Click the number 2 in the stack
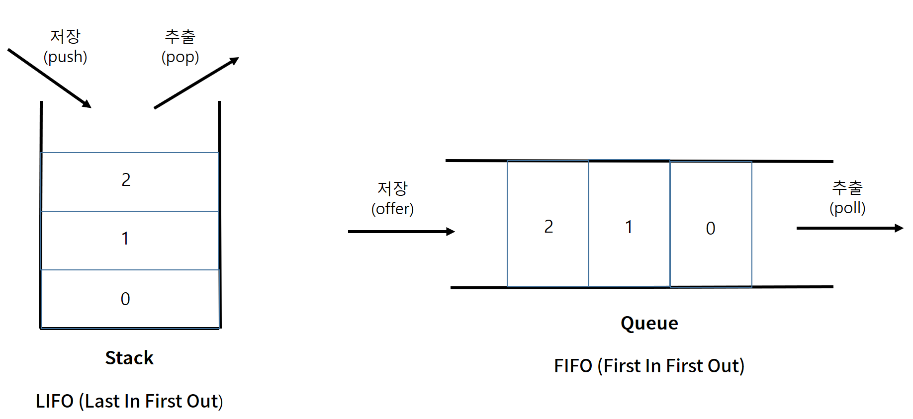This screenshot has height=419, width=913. [126, 179]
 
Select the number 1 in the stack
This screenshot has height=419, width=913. [125, 239]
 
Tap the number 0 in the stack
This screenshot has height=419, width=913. [125, 299]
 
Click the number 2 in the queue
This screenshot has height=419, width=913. [548, 227]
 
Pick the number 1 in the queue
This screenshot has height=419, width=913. [629, 227]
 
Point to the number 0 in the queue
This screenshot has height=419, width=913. [711, 228]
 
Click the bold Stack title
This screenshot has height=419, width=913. [129, 358]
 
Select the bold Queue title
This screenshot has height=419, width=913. [649, 323]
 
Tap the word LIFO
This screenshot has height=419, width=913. [55, 401]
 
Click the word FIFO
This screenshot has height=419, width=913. [573, 366]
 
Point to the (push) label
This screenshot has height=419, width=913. [65, 57]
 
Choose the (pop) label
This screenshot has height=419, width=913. [180, 57]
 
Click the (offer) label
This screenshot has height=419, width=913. [392, 209]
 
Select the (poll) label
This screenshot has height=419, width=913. [847, 208]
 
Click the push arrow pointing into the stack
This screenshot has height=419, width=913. [50, 78]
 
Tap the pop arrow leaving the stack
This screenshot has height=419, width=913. [196, 83]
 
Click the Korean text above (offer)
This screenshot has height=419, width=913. [392, 188]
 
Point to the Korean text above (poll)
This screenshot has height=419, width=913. [847, 187]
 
